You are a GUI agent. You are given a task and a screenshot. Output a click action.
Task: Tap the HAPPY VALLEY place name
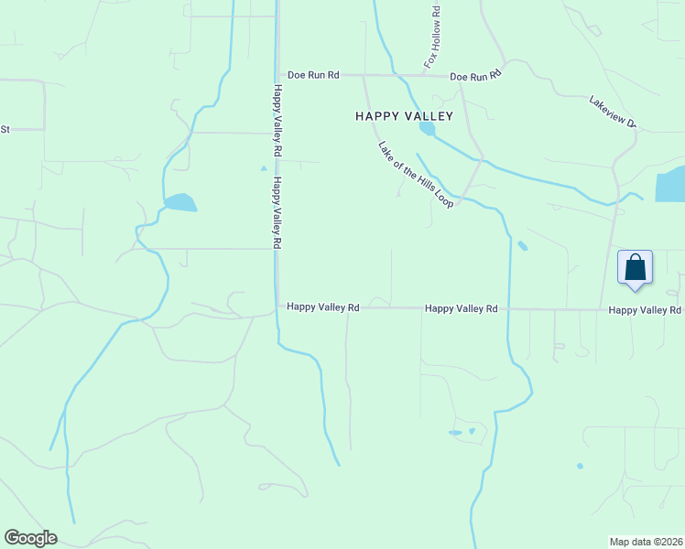tap(404, 116)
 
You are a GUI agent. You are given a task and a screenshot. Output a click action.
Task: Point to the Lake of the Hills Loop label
tap(416, 174)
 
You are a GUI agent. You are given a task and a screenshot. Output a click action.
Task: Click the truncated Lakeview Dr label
tap(613, 112)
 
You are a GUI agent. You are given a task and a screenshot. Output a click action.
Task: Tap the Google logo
tap(30, 538)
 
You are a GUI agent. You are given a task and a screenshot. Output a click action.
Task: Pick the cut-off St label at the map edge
tap(4, 129)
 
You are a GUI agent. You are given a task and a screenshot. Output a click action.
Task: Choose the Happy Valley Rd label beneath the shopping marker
tap(645, 310)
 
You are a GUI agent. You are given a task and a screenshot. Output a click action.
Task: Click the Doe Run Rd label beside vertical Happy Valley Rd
tap(313, 75)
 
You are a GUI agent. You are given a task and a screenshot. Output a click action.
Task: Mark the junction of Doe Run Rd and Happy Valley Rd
tap(277, 75)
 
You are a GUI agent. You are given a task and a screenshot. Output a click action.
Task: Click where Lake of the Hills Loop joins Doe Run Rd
tap(364, 75)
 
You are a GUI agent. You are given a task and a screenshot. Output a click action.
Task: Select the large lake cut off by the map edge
tap(670, 185)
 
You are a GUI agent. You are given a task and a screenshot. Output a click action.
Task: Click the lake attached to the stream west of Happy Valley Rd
tap(179, 202)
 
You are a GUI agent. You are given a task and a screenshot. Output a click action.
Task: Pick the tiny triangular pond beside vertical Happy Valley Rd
tap(264, 168)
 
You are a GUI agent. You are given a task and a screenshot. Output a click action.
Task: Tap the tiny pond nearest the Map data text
tap(580, 466)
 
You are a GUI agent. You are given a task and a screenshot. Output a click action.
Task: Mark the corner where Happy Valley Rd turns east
tap(278, 308)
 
